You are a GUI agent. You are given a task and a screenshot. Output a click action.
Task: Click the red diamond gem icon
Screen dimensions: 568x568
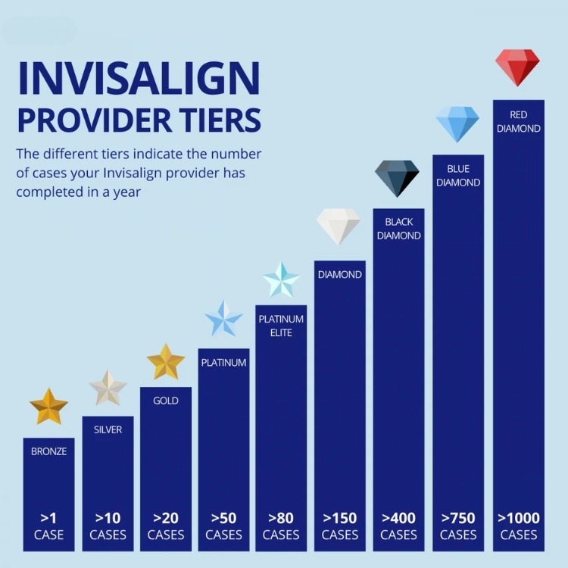pos(517,67)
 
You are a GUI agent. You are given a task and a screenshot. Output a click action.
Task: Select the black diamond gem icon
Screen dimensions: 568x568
pos(398,179)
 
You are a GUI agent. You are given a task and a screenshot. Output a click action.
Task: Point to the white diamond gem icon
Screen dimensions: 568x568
pos(338,226)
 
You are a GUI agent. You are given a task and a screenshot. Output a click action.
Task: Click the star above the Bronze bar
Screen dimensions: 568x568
pos(49,407)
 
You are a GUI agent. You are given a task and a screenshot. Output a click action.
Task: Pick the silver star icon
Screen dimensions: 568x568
pos(108,388)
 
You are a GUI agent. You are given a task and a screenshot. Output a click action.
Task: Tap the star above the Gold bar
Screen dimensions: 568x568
pos(166,362)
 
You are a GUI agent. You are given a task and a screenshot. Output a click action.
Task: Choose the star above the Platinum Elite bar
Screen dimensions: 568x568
pos(282,280)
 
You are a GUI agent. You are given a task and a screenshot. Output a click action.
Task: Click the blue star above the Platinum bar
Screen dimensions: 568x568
pos(224,319)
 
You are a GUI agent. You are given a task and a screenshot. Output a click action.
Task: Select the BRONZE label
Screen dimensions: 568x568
pos(49,451)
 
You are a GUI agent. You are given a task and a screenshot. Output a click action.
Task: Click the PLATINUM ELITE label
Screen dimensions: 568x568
pos(282,326)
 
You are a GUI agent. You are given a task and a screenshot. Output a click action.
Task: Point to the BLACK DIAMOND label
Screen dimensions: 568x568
pos(398,229)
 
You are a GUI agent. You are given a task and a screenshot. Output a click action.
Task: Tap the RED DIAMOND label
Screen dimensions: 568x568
pos(518,122)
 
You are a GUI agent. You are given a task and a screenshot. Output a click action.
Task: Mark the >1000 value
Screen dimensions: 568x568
pos(519,518)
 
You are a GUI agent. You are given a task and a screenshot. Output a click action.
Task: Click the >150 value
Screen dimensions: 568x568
pos(340,518)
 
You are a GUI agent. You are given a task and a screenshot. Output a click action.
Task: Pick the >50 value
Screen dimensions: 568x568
pos(223,518)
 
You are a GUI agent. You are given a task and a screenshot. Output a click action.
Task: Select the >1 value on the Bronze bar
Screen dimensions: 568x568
pos(49,518)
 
